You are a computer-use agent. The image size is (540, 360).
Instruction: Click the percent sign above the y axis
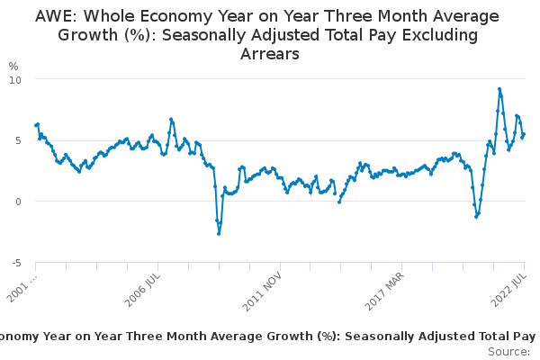coord(13,67)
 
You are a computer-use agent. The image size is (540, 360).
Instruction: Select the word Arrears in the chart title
coord(269,54)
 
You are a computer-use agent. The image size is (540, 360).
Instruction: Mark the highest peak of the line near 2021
coord(499,89)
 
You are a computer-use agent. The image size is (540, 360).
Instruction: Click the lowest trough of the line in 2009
coord(219,234)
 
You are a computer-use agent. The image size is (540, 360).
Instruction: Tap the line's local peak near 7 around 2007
coord(171,119)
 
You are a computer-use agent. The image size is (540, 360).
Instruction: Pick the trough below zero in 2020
coord(476,217)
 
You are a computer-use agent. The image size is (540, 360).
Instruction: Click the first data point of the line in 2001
coord(36,125)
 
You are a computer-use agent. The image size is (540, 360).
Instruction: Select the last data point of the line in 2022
coord(525,134)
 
